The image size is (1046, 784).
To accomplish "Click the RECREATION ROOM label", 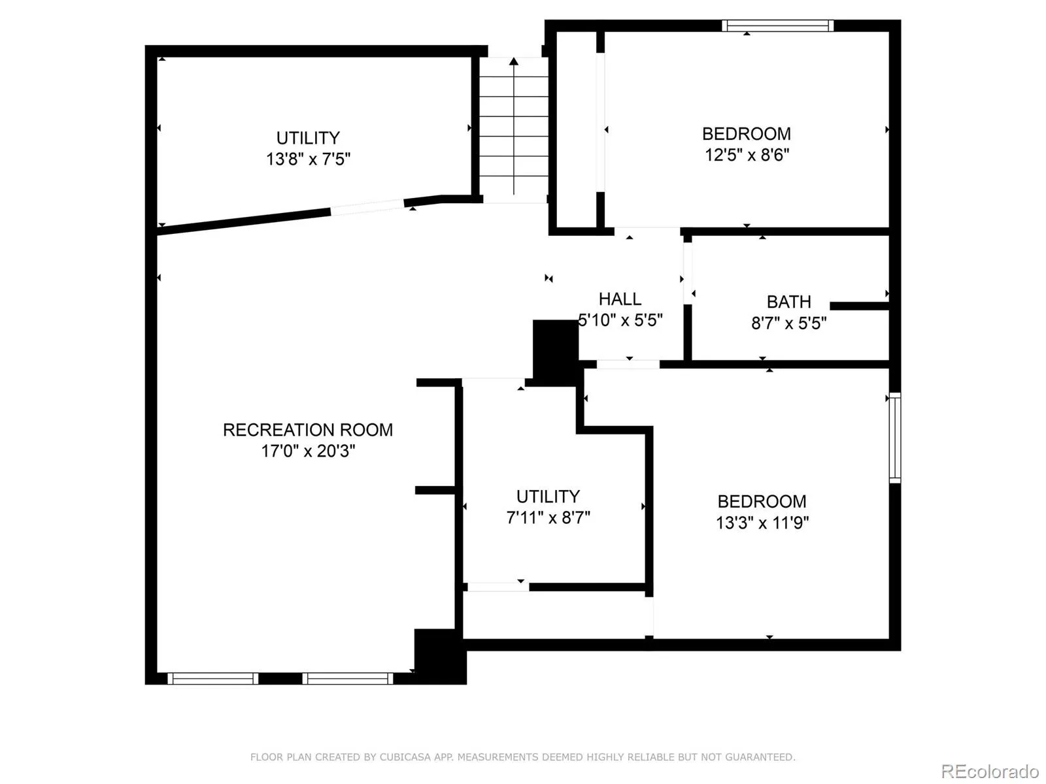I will pos(308,430).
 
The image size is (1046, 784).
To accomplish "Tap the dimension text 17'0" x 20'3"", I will pos(308,451).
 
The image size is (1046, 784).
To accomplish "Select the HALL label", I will pos(620,299).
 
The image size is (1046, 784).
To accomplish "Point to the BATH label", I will pos(788,302).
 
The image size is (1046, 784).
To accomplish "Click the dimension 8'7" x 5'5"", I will pos(788,323).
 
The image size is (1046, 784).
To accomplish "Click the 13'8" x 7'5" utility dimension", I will pos(308,159).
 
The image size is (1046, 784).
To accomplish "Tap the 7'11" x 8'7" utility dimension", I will pos(548,517).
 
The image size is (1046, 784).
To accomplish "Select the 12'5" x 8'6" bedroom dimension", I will pos(747,155).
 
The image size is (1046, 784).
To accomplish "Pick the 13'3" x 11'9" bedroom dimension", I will pos(762,523).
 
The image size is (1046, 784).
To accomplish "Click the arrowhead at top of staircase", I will pos(514,61).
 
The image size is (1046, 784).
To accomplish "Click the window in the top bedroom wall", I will pos(777,25).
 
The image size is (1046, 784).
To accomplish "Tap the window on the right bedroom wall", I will pos(895,438).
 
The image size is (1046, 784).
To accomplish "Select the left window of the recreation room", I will pos(212,679).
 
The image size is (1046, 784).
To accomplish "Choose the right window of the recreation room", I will pos(348,679).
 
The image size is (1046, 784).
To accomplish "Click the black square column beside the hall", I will pos(555,349).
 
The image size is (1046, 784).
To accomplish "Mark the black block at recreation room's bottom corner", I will pos(440,656).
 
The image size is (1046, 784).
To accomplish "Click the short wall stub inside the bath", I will pos(858,306).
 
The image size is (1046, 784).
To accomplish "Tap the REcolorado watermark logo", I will pos(989,771).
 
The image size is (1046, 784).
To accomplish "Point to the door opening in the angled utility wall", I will pos(367,207).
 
